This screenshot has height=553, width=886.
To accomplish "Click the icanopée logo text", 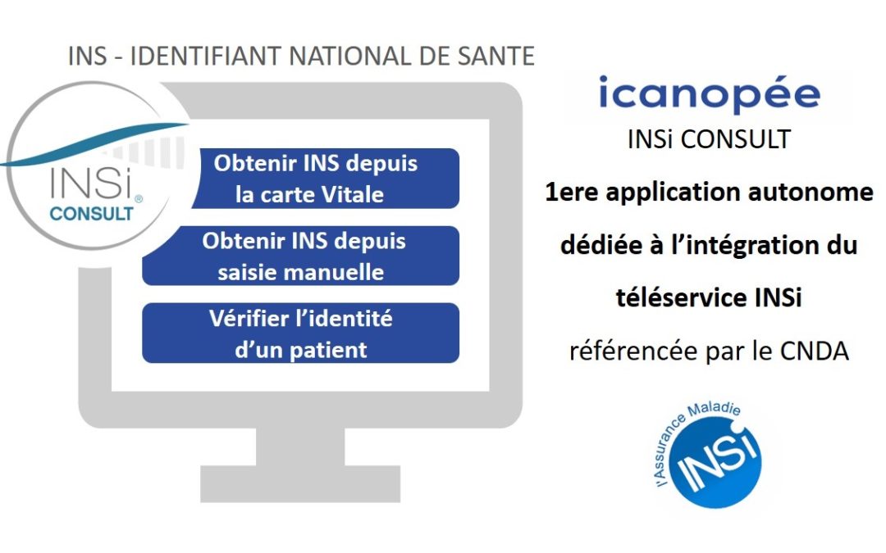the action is coord(709,95).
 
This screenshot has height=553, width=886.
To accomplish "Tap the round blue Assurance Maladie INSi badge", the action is coord(715,462).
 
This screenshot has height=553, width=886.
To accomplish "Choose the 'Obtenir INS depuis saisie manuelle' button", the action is coord(300,256).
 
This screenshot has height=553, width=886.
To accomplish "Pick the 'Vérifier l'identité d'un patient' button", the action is coord(300,333).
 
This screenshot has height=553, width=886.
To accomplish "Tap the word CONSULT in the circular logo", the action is coord(92,214).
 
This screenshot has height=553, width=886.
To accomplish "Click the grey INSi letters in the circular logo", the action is coord(90,182).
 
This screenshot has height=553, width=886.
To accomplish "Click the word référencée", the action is coord(633,351).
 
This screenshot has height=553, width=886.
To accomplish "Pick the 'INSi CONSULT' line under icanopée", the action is coord(709,139).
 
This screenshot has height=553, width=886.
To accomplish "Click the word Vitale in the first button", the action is coord(353,195).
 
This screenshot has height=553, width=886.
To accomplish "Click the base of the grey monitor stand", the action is coord(300,483).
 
